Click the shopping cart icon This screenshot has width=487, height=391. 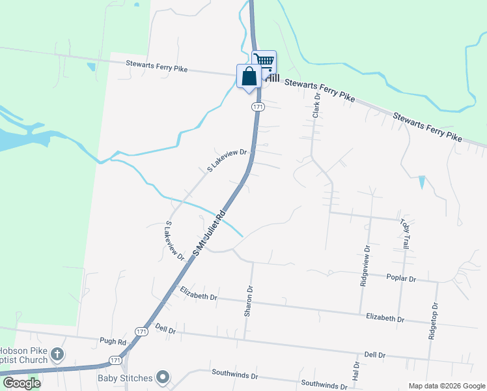coord(264,61)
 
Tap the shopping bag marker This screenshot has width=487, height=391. coord(249,76)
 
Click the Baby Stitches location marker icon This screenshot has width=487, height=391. coord(163,377)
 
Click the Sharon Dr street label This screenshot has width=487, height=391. coord(248,301)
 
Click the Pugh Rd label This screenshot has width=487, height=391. coord(113,341)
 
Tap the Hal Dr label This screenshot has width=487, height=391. coord(355,373)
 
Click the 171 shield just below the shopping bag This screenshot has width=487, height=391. coord(258,106)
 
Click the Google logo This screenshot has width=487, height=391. coord(21,383)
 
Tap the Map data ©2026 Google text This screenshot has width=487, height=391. coord(446,386)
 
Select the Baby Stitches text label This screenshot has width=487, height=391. coord(125,378)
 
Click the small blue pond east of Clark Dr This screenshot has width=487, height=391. coord(422,182)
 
